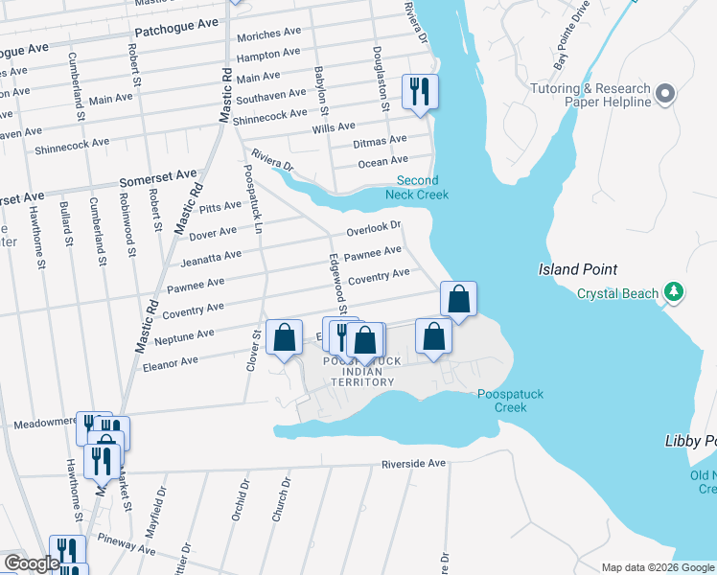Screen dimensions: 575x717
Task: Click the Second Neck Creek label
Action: pyautogui.click(x=418, y=187)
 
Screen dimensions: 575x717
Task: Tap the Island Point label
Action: pyautogui.click(x=577, y=269)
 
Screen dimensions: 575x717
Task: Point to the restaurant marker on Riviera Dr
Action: pyautogui.click(x=420, y=92)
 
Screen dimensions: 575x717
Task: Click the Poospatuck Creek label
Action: pyautogui.click(x=502, y=401)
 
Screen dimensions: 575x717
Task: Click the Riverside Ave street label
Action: pyautogui.click(x=414, y=464)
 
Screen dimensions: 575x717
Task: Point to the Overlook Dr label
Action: pyautogui.click(x=373, y=229)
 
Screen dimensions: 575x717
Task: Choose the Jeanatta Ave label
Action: pyautogui.click(x=210, y=257)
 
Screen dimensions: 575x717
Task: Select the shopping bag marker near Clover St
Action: pyautogui.click(x=284, y=337)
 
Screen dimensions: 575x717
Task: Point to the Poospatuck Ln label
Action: pyautogui.click(x=252, y=197)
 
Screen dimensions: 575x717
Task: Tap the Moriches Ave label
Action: pyautogui.click(x=267, y=35)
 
